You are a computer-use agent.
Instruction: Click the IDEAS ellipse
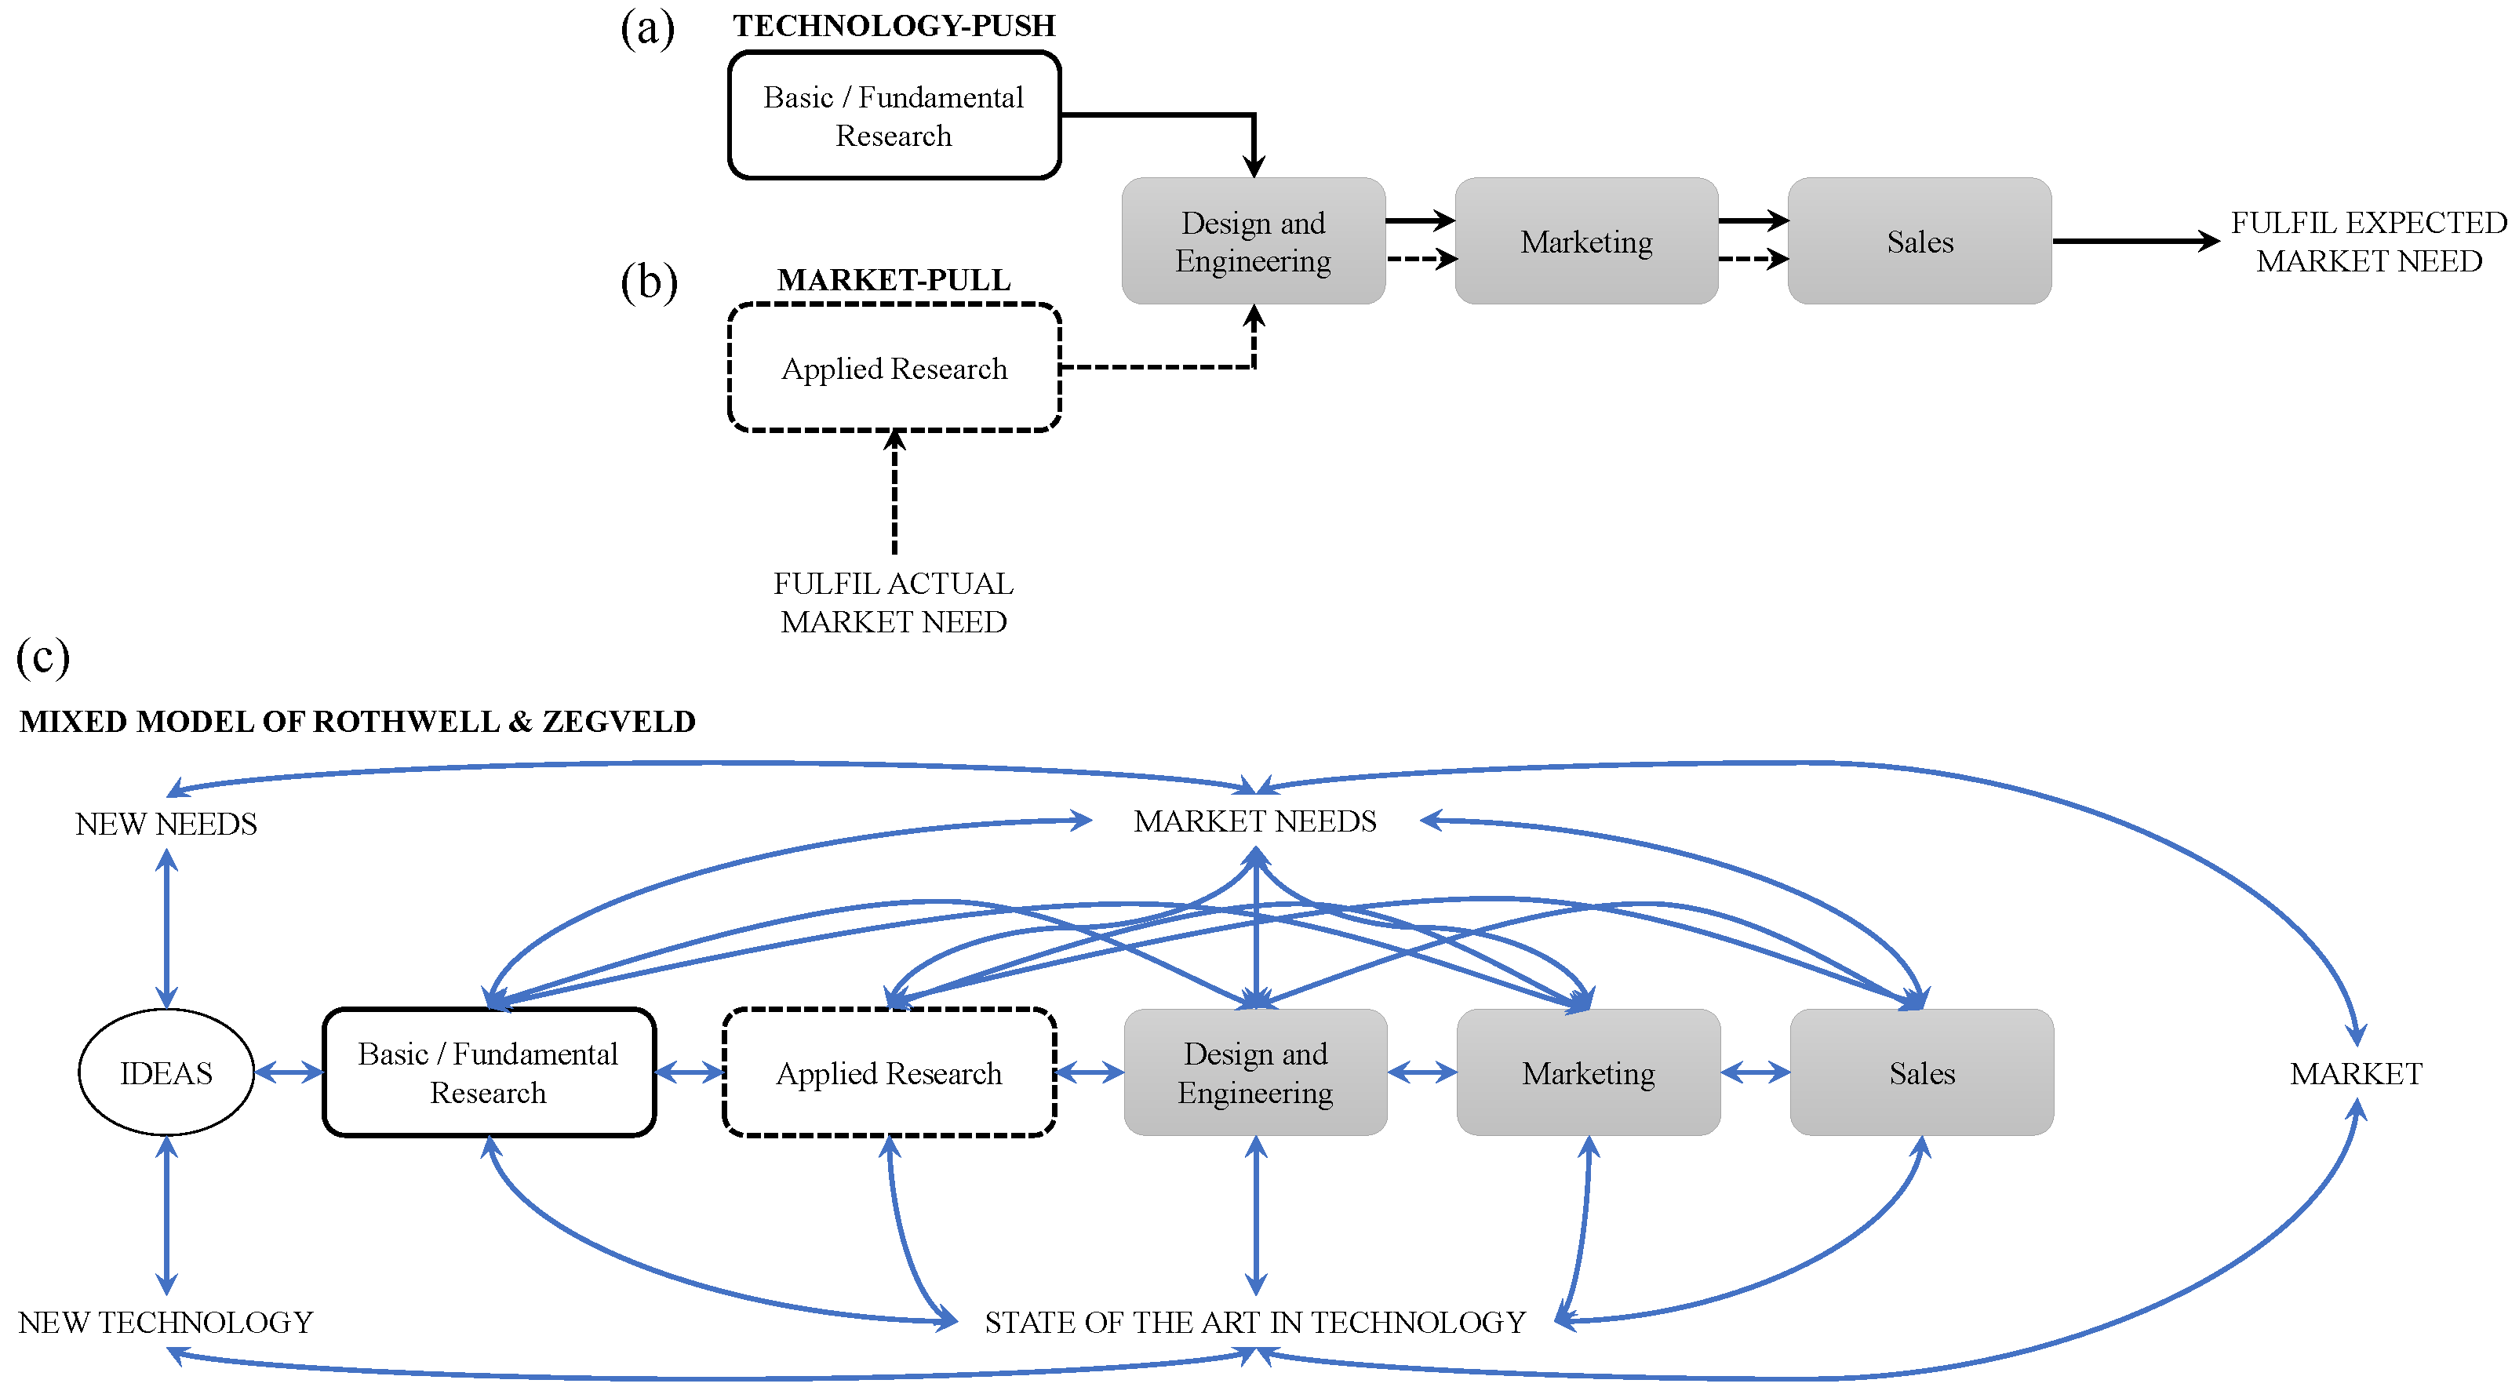click(166, 1072)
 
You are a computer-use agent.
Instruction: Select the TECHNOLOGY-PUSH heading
click(894, 25)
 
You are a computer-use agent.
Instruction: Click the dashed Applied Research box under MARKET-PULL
click(894, 368)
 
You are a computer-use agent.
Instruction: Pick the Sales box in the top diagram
click(1919, 242)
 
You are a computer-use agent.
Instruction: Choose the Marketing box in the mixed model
click(1587, 1072)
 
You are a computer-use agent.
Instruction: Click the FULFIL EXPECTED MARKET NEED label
click(2368, 242)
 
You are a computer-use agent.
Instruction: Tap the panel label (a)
click(647, 29)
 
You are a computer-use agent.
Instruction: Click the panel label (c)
click(43, 656)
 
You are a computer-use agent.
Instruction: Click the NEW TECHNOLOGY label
click(166, 1322)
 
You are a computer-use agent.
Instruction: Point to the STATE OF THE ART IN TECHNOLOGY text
click(1254, 1322)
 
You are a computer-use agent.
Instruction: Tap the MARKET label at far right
click(2355, 1073)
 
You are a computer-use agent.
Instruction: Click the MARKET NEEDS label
click(1254, 821)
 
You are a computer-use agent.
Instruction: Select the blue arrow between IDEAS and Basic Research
click(289, 1072)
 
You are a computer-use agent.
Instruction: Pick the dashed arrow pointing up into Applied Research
click(894, 493)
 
